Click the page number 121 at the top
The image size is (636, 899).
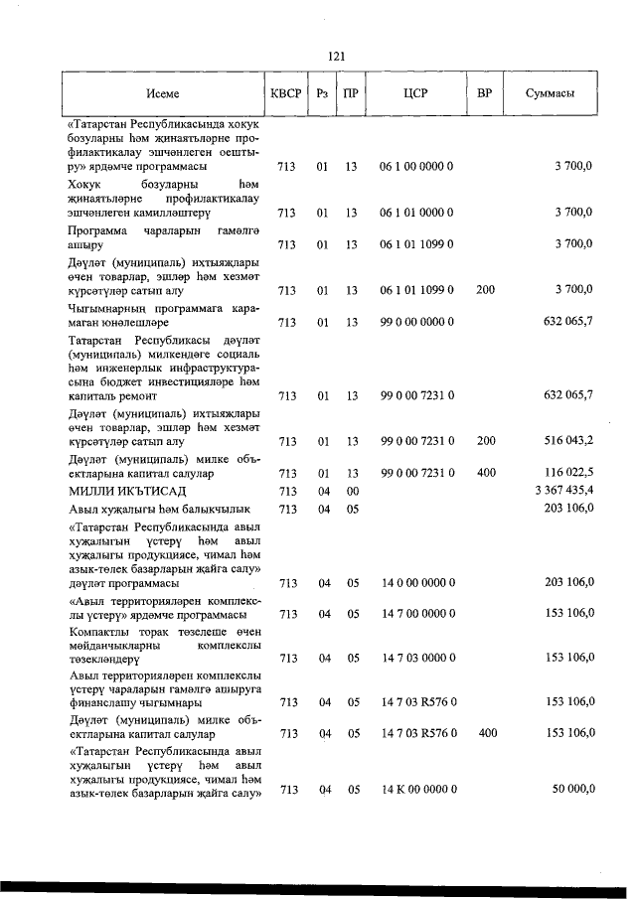coord(336,57)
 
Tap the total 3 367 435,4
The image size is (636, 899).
coord(563,491)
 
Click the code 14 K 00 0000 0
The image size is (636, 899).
coord(418,789)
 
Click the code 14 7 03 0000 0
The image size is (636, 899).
coord(417,658)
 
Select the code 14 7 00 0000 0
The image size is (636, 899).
coord(417,614)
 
